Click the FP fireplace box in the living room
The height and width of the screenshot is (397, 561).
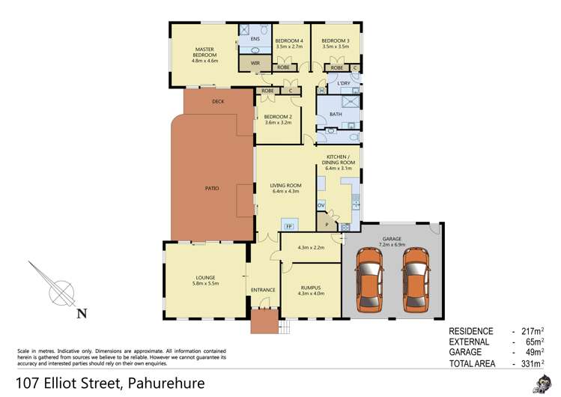point(287,225)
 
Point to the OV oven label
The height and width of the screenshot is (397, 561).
point(321,204)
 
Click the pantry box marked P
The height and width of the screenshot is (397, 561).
point(326,223)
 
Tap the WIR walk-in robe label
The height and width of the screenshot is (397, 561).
point(255,63)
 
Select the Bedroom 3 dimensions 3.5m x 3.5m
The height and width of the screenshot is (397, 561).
point(335,47)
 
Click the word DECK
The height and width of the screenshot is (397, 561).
point(218,101)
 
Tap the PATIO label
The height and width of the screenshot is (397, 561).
point(213,188)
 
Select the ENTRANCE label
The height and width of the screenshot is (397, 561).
point(263,290)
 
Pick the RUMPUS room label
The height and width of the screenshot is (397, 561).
point(310,286)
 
